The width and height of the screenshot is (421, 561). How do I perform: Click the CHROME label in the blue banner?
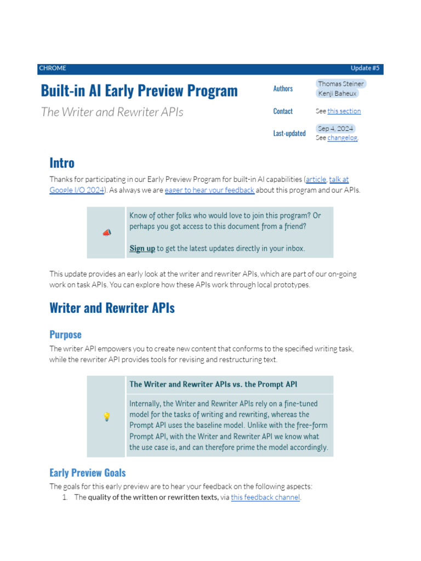click(x=52, y=68)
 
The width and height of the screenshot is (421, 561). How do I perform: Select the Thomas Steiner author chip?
click(x=340, y=84)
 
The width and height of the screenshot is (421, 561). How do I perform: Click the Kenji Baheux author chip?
click(x=337, y=94)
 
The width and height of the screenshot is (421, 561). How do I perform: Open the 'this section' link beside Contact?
click(x=344, y=111)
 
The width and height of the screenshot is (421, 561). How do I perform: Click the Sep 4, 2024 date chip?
click(x=335, y=129)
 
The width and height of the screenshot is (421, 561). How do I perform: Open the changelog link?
click(x=342, y=138)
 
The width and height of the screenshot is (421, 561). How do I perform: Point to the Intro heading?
click(x=62, y=163)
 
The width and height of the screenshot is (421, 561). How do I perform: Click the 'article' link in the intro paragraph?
click(x=316, y=180)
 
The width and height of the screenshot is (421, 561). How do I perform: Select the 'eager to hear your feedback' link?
click(x=209, y=190)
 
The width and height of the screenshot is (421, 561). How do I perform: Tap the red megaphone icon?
click(x=106, y=233)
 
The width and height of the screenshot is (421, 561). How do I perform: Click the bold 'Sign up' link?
click(x=142, y=249)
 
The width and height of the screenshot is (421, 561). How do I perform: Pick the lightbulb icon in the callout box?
click(x=106, y=417)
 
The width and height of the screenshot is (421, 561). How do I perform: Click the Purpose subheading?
click(x=65, y=335)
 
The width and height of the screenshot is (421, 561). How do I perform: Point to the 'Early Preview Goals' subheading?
click(x=87, y=473)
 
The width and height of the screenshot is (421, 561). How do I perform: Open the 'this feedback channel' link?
click(x=265, y=497)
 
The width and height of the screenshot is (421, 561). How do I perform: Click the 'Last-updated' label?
click(x=289, y=133)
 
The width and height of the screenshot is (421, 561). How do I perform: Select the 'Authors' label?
click(x=283, y=89)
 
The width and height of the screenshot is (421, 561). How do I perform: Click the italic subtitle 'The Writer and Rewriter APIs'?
click(x=112, y=112)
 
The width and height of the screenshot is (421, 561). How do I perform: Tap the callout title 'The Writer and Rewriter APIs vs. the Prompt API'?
click(x=213, y=385)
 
